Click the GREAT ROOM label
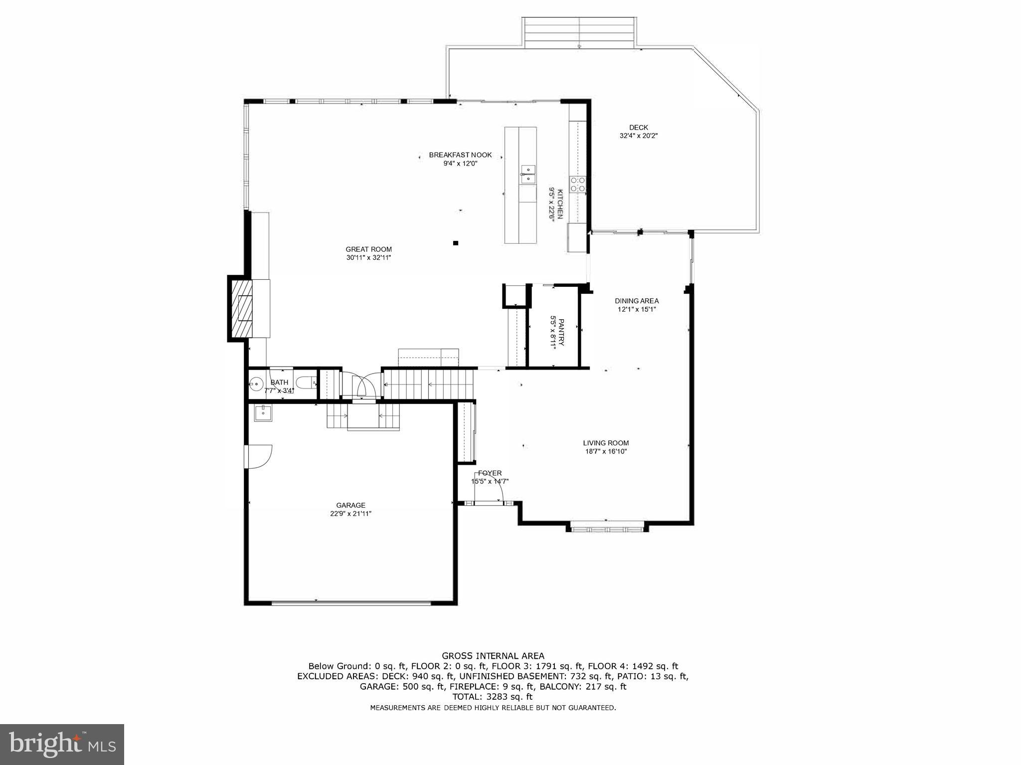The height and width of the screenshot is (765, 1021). point(368,249)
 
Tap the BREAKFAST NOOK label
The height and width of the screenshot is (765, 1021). point(460,155)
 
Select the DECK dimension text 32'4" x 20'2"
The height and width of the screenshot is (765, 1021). point(638,136)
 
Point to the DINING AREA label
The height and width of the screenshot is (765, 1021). point(636,301)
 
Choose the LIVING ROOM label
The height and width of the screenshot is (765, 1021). point(606,443)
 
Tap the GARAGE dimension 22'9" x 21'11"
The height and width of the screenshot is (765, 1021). point(350,514)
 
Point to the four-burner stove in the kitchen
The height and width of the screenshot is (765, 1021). point(578,184)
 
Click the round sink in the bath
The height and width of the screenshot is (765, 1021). point(256,383)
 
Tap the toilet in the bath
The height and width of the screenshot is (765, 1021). point(305,383)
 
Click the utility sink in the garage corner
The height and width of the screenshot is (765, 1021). point(263,413)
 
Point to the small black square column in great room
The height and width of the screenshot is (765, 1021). point(455,243)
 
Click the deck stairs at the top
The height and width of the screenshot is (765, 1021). point(579,33)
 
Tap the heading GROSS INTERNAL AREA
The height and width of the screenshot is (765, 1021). point(493,656)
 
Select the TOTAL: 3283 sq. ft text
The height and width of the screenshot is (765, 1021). point(493,697)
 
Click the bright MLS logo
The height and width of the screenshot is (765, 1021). point(62,744)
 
